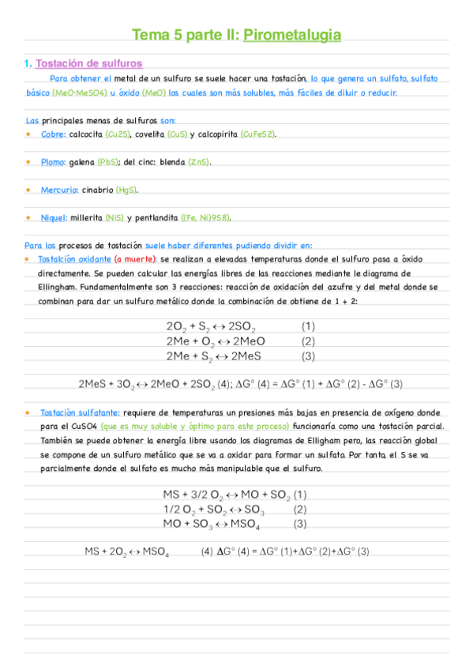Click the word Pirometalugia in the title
tap(292, 35)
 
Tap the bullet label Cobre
tap(53, 134)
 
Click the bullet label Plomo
tap(54, 162)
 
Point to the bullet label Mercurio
tap(59, 190)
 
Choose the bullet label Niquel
tap(54, 217)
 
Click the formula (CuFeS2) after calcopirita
tap(258, 134)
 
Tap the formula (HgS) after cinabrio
tap(126, 190)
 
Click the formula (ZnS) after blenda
tap(199, 162)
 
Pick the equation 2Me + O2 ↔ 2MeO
tap(216, 341)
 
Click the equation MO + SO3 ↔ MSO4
tap(212, 523)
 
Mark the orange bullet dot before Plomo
tap(28, 161)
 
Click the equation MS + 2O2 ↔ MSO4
tap(126, 551)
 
